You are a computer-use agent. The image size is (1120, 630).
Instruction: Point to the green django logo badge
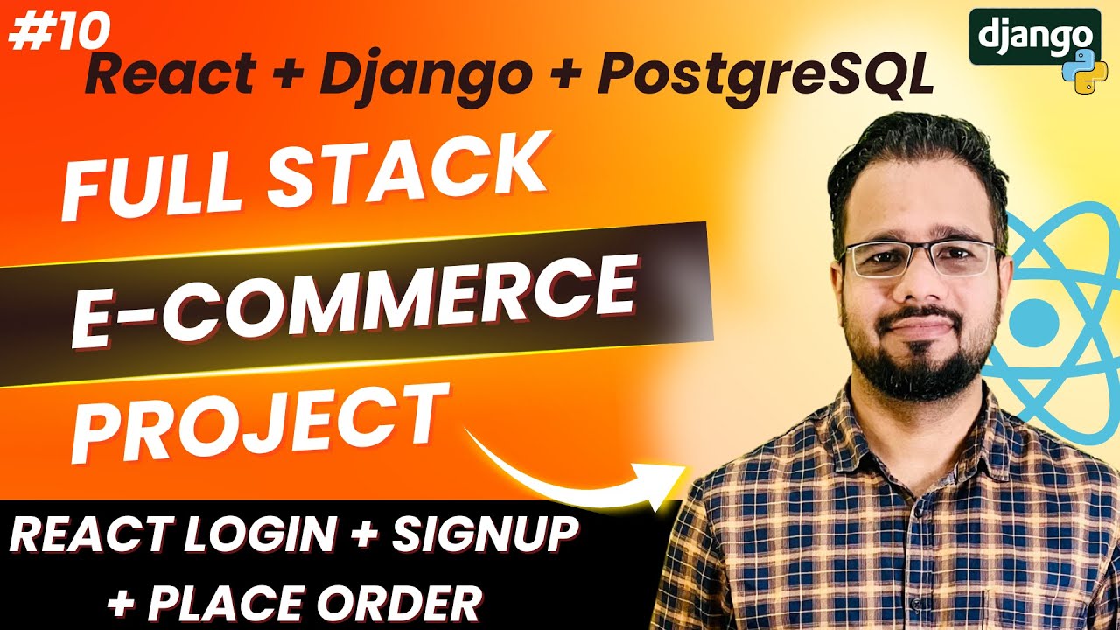pos(1034,36)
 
